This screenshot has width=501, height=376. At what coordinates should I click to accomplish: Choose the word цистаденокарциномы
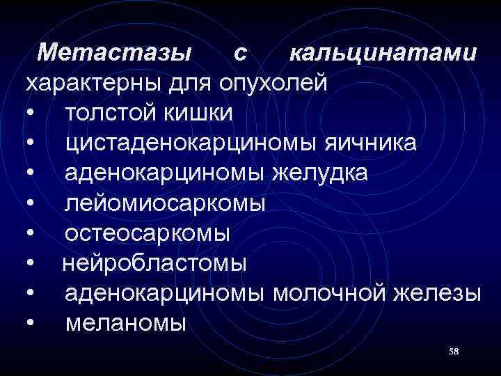click(191, 143)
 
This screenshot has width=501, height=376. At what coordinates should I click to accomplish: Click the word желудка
click(318, 173)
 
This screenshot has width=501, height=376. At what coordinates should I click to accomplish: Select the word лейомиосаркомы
click(166, 203)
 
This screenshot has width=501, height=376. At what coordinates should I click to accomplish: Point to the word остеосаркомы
click(148, 233)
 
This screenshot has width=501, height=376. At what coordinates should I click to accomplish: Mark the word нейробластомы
click(154, 263)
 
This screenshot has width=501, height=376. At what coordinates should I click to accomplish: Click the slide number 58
click(454, 352)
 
